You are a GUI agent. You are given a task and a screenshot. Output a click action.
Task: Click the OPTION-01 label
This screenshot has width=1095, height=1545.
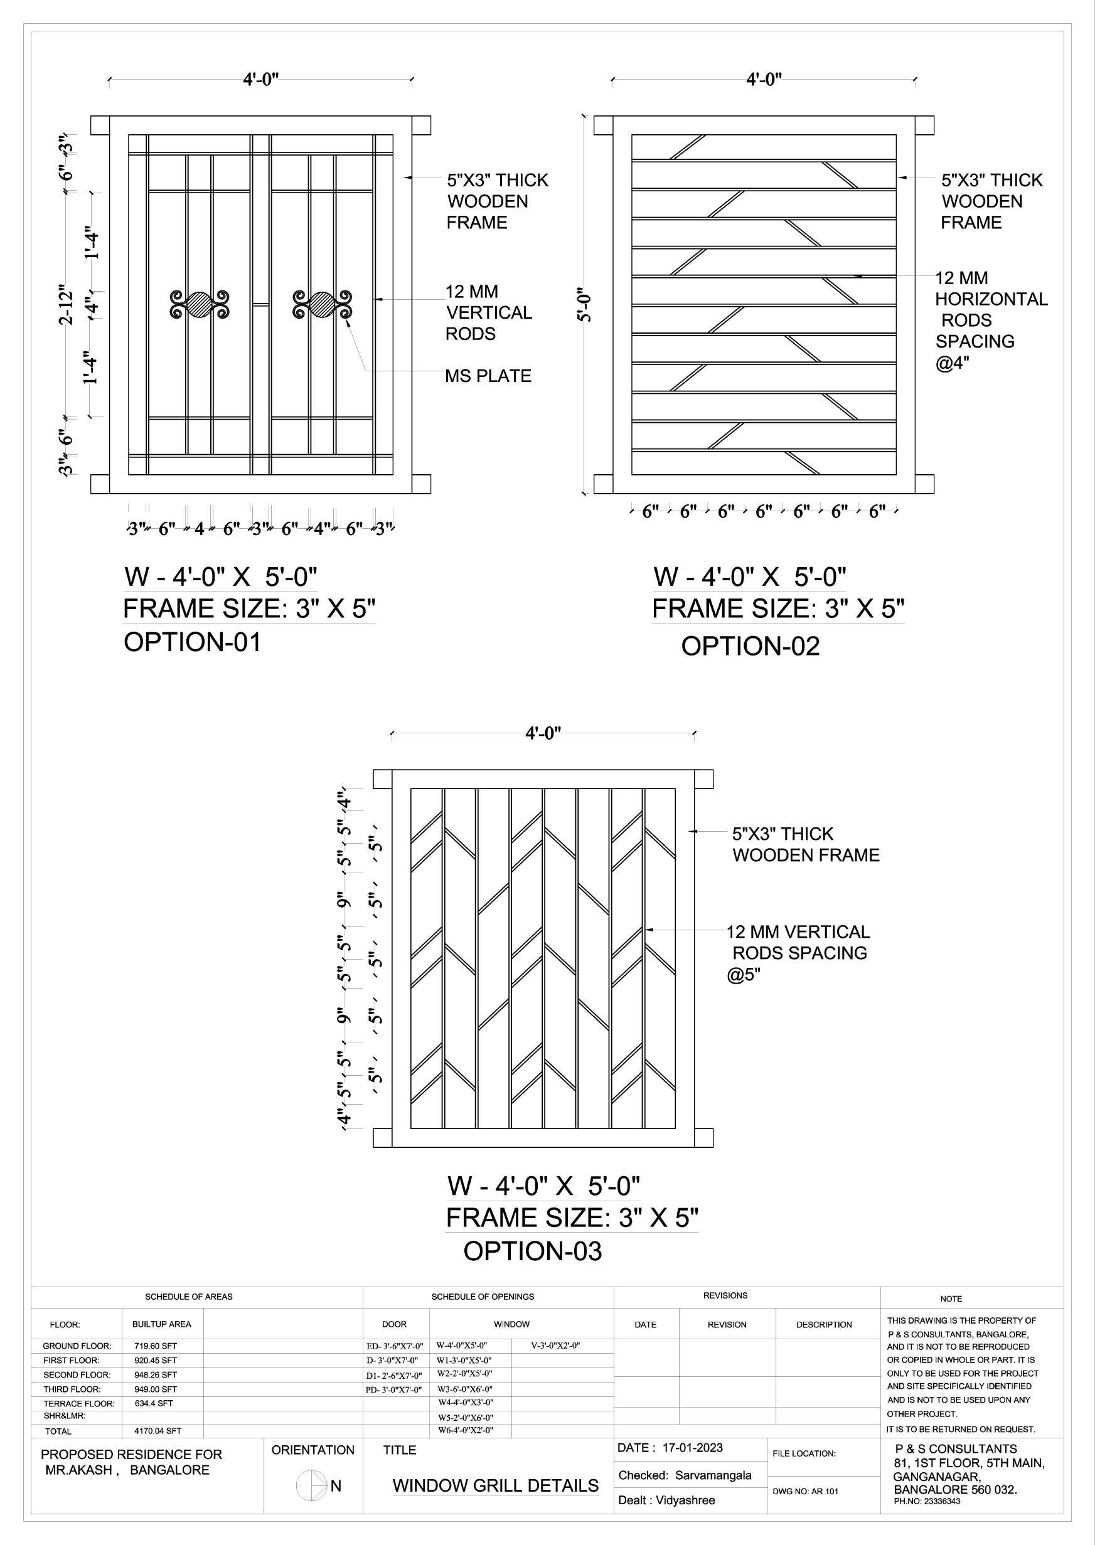192,642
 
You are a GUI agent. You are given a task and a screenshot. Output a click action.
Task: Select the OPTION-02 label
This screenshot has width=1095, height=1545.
750,647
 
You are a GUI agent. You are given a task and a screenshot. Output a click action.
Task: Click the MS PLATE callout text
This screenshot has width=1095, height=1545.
488,376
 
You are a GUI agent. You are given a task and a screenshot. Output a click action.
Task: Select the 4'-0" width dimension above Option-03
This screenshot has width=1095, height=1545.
543,733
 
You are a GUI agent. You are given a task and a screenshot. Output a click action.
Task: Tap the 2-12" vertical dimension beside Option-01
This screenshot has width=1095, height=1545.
65,305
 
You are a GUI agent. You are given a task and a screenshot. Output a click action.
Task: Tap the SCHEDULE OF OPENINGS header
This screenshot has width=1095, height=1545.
482,1296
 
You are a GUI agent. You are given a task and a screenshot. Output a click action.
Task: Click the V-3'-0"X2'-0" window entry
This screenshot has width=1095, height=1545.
555,1346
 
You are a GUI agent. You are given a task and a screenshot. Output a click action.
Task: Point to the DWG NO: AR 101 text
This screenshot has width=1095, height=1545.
805,1491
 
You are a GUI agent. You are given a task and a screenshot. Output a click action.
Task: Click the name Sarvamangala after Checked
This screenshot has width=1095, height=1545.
713,1475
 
